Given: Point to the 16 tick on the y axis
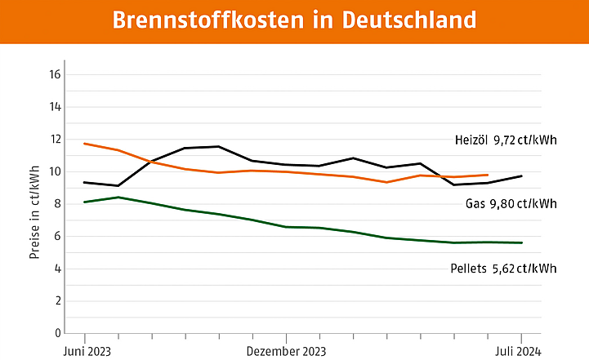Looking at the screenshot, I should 56,75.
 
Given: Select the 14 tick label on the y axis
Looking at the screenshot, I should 56,107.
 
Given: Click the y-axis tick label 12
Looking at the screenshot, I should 56,140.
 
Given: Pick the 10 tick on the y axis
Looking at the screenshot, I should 56,171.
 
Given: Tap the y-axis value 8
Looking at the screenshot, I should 58,204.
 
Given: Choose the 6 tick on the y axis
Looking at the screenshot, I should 58,237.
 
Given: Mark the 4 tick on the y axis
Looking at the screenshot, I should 58,269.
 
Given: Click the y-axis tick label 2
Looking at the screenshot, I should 58,301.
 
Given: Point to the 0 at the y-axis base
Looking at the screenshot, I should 58,333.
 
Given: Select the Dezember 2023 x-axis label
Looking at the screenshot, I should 286,351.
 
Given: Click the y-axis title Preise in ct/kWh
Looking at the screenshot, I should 34,212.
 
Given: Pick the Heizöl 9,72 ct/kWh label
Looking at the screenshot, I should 506,140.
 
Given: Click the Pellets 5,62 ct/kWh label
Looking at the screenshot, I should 503,268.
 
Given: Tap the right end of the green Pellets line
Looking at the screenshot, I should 521,242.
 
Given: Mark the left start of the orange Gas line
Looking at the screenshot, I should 85,144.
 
